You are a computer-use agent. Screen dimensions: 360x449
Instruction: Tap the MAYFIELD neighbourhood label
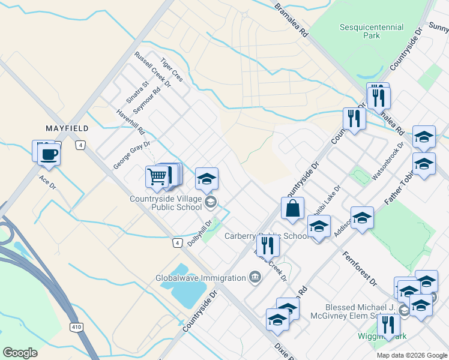[67, 128]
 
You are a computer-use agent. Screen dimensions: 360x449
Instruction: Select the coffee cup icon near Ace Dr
[49, 154]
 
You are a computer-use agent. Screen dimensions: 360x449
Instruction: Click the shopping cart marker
[157, 176]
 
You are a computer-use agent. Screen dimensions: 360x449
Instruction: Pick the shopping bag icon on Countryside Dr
[292, 209]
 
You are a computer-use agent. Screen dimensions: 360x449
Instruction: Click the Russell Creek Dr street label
[152, 70]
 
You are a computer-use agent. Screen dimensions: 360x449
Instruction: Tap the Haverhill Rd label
[131, 122]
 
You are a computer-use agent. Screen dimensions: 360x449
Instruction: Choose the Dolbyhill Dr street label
[200, 233]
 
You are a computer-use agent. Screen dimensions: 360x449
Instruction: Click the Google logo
[20, 353]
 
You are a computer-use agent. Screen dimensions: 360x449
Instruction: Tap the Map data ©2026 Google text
[411, 355]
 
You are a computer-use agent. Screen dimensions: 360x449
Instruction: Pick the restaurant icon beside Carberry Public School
[267, 245]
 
